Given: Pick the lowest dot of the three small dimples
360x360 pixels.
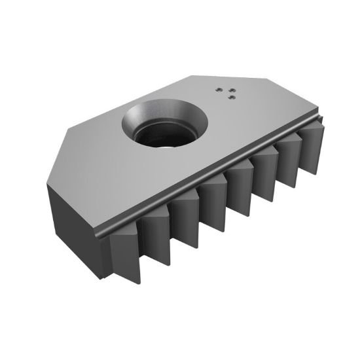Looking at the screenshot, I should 232,97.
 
